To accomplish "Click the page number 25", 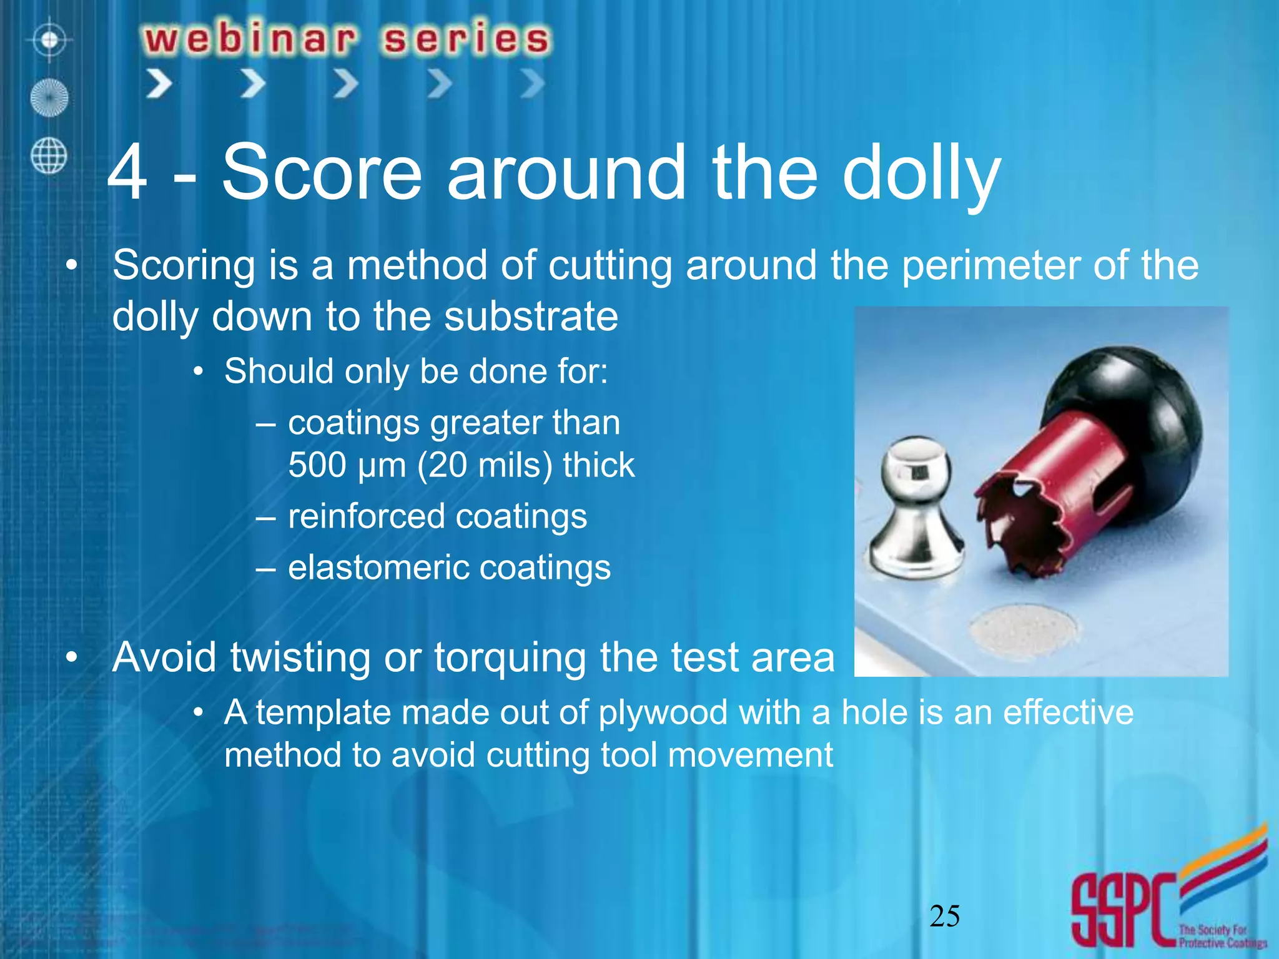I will click(944, 916).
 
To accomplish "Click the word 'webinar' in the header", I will click(250, 39).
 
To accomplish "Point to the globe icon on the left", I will click(49, 155).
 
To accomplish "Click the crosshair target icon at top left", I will click(49, 41).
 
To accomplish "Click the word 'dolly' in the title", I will click(921, 174).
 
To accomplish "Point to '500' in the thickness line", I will click(317, 465).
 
